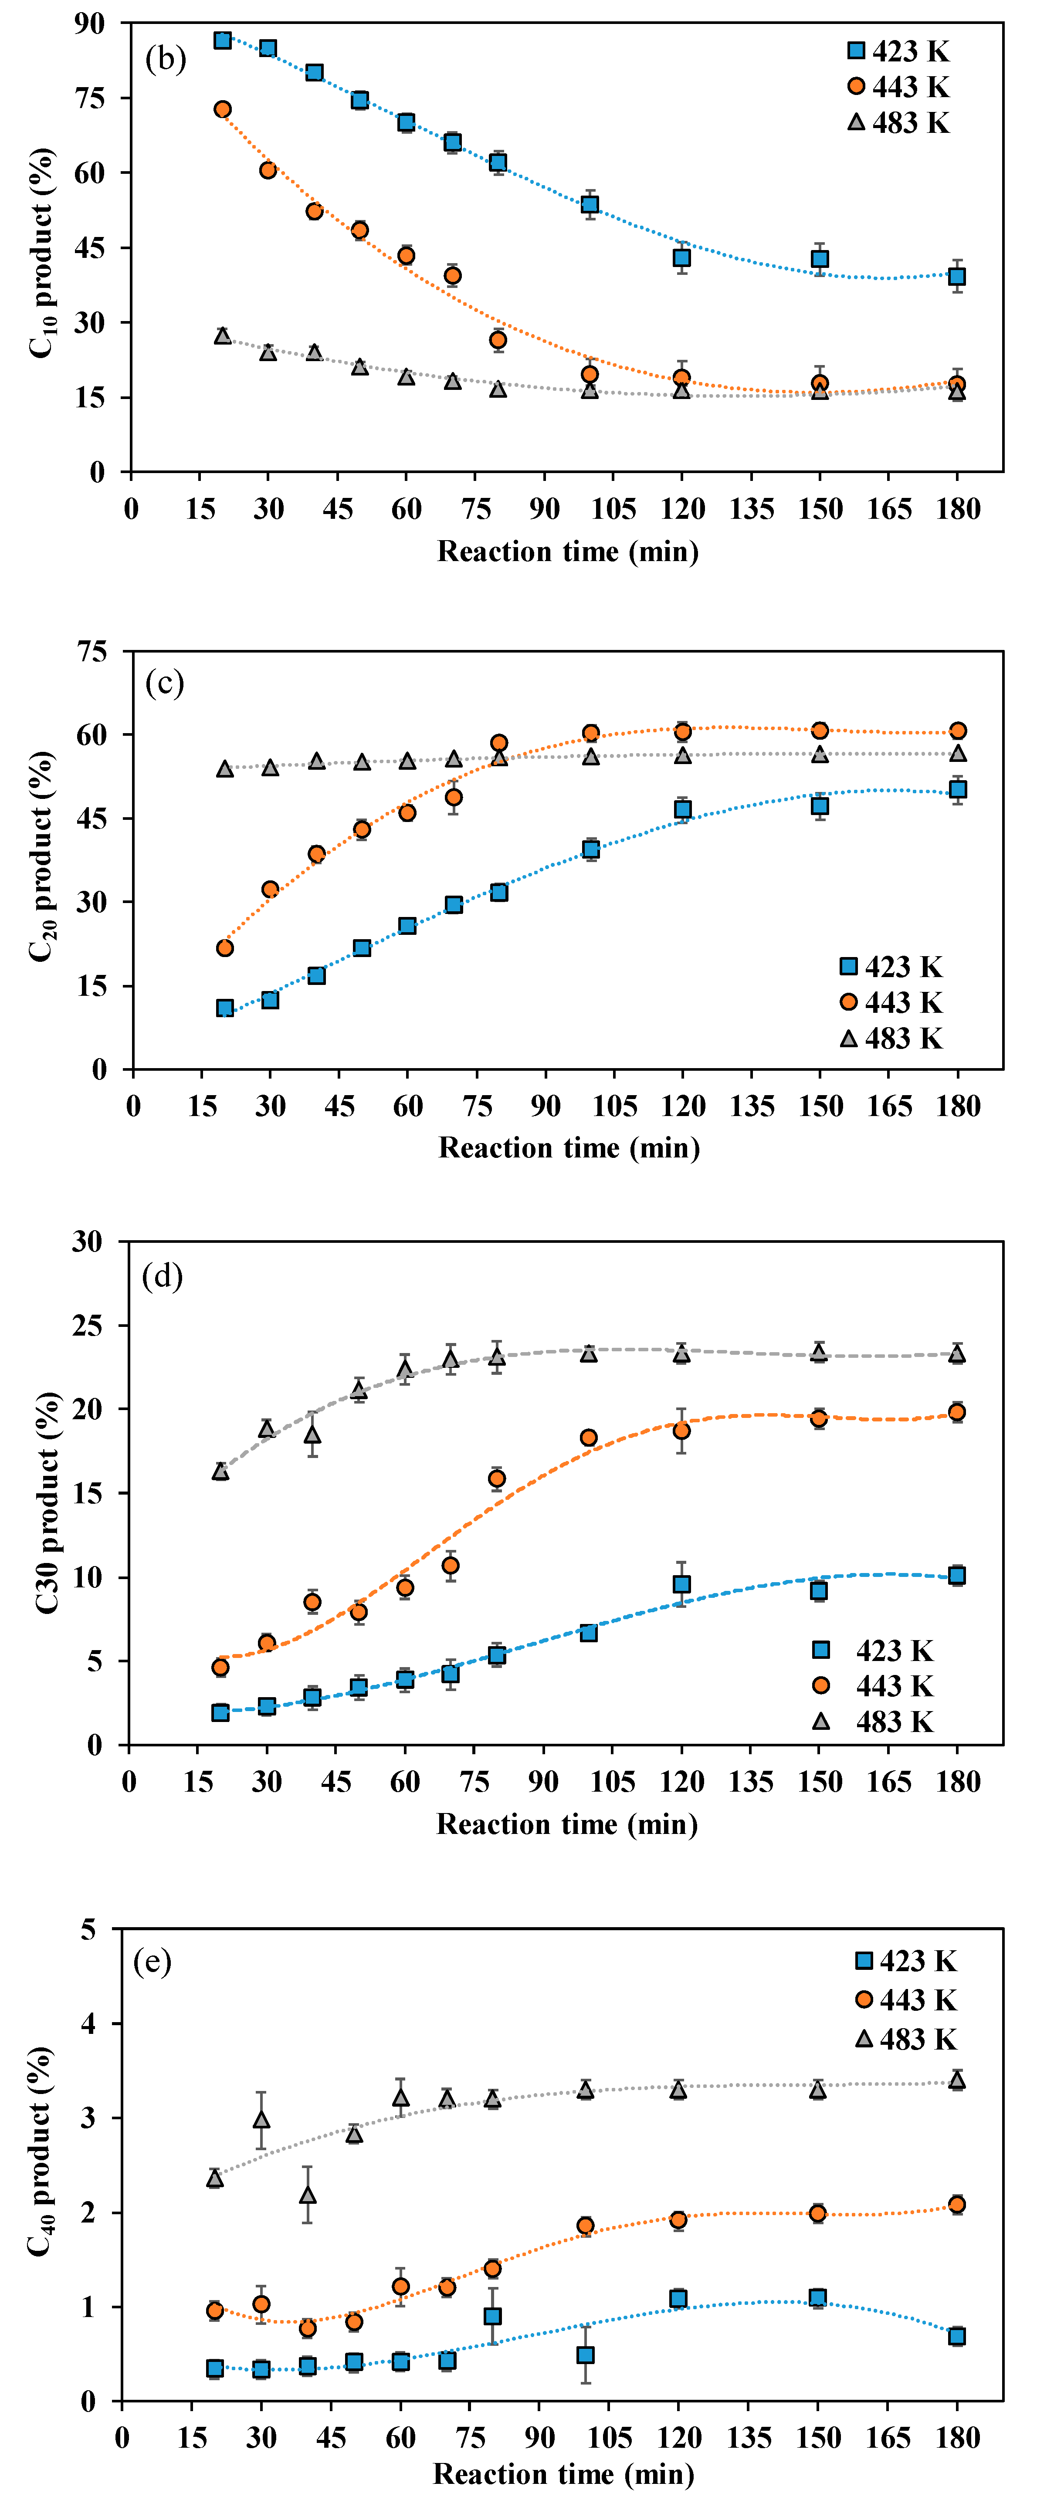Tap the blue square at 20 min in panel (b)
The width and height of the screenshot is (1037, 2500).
coord(222,40)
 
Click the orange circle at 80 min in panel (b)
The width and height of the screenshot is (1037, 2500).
coord(498,340)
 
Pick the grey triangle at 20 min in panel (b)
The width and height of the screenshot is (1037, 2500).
coord(222,336)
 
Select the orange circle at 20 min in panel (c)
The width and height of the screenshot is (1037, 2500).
coord(224,947)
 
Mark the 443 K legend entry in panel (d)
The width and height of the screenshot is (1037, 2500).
coord(874,1686)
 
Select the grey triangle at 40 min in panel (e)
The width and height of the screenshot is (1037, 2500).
coord(307,2195)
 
